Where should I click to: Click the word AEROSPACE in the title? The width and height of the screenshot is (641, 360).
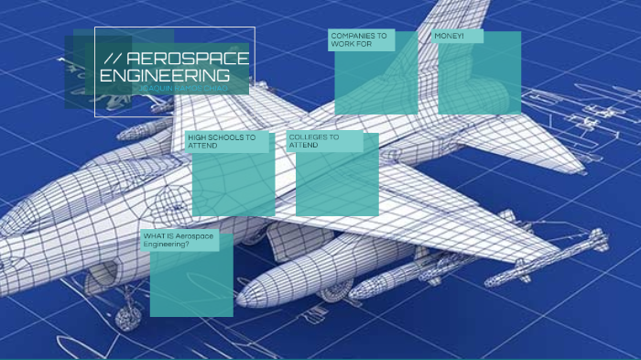point(187,59)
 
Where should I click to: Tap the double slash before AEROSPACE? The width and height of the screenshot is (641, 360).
point(114,59)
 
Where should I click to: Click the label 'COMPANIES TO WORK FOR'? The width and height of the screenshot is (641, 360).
point(360,39)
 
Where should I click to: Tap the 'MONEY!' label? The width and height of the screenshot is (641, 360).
point(450,36)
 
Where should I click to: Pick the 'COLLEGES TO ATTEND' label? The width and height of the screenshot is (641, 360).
point(314,140)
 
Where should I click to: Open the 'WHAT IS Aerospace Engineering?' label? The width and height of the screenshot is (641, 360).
point(179,240)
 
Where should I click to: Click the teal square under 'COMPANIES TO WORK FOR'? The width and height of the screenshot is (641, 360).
point(376,82)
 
